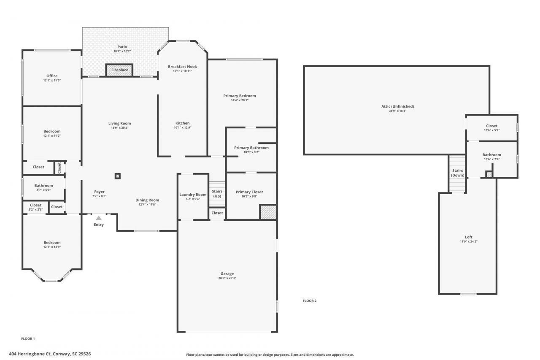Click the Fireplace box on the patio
click(119, 70)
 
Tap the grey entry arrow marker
click(99, 218)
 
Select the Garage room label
click(227, 273)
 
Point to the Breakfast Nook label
click(182, 67)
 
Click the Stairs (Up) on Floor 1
click(217, 194)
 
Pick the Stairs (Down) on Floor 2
click(457, 173)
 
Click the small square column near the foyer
click(118, 176)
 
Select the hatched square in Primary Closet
click(267, 212)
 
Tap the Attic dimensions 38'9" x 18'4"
click(397, 111)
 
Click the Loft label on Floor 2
click(469, 237)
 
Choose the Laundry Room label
click(193, 195)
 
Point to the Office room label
click(52, 76)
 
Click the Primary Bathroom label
click(251, 148)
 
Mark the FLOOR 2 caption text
click(309, 301)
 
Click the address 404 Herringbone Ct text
click(50, 354)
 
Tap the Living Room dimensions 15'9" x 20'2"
click(120, 128)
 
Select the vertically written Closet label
click(59, 168)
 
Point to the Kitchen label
click(182, 123)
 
